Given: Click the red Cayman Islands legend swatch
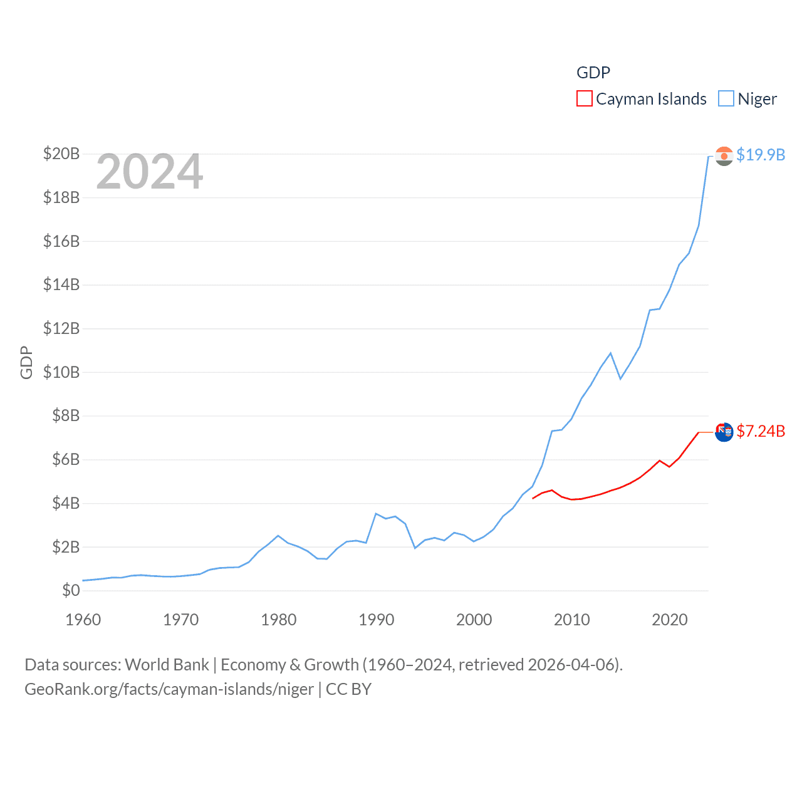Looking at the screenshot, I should coord(584,99).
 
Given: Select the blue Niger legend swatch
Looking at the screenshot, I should coord(726,99).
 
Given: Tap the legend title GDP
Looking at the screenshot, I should coord(593,73).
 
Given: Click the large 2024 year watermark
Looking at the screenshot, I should coord(149,172).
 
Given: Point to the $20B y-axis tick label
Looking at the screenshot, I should coord(61,154).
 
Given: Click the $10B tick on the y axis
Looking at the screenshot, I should coord(61,372).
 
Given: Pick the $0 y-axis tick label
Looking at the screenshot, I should coord(71,590).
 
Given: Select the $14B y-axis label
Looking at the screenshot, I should coord(61,284).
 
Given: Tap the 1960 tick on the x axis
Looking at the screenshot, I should coord(83,620).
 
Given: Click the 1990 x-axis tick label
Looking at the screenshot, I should coord(376,620).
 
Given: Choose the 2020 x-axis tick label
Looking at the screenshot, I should coord(669,620).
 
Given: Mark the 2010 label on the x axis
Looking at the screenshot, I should coord(571,620).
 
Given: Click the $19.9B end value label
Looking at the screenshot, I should coord(761,155).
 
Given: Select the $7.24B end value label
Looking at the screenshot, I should coord(761,431).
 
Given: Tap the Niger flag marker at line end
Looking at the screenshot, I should coord(724,156).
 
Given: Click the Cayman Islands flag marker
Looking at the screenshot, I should coord(724,432).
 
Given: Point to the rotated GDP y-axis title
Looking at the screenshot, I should coord(26,362).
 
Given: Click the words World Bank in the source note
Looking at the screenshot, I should coord(167,665).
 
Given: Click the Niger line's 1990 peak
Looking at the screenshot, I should coord(375,514).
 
